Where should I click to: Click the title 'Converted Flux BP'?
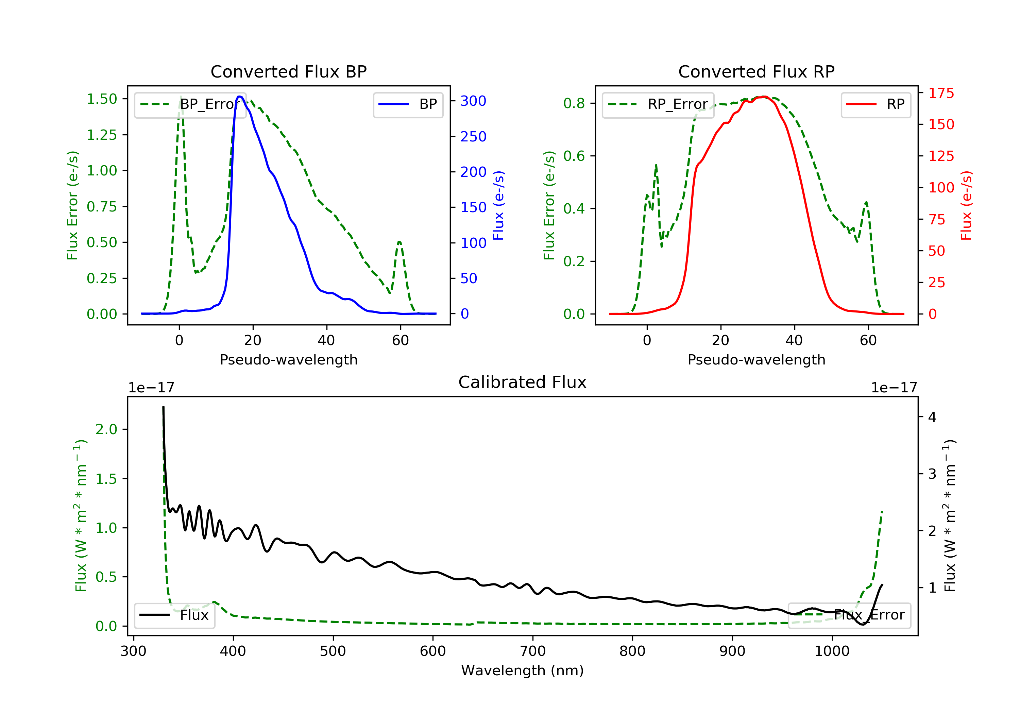coord(288,71)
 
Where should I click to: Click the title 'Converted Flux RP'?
coord(756,71)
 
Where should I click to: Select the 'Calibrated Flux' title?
coord(523,382)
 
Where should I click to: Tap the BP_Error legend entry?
coord(190,104)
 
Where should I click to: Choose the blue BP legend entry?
coord(408,104)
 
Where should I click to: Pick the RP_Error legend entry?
coord(658,104)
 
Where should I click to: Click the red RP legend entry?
coord(876,104)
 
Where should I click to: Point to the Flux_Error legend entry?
coord(849,615)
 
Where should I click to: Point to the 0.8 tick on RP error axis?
coord(574,103)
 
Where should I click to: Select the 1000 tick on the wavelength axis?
coord(832,651)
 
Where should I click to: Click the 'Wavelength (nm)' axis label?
coord(523,670)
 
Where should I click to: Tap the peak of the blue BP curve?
coord(239,97)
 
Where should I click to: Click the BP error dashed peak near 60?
coord(400,242)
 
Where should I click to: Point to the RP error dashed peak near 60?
coord(866,203)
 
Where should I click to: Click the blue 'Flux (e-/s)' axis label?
coord(498,206)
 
